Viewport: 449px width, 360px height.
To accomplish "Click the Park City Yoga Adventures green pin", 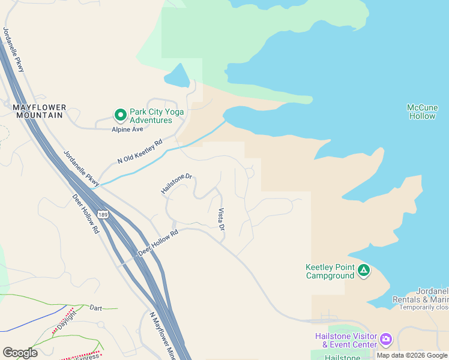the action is click(120, 114).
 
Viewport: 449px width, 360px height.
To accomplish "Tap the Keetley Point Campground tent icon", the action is click(363, 271).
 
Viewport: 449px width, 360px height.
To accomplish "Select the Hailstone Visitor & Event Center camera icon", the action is click(385, 340).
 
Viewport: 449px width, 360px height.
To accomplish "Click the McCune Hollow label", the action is click(422, 112).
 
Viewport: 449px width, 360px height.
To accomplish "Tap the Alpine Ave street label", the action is click(127, 129).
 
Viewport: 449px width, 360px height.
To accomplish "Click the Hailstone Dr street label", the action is click(176, 184).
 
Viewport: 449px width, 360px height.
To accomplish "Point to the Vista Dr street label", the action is click(221, 220).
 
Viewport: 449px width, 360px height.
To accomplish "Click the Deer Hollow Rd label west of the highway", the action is click(85, 214).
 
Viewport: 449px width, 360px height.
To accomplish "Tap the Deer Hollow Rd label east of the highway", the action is click(158, 243).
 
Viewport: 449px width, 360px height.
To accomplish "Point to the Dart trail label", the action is click(95, 308).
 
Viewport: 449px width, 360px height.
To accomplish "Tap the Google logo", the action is click(20, 353).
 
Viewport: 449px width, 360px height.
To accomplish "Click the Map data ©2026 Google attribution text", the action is click(412, 355).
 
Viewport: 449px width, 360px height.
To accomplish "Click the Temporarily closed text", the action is click(425, 307).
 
